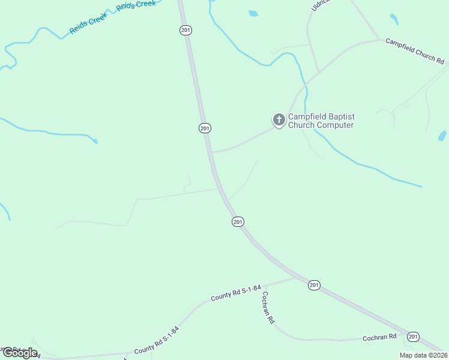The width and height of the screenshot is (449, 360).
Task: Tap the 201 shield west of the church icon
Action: tap(205, 128)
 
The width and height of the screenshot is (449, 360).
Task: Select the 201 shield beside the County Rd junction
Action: tap(314, 285)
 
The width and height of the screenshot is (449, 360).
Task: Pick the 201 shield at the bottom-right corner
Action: tap(412, 337)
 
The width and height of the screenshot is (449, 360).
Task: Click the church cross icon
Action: tap(279, 120)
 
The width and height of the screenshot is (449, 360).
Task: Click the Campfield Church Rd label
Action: tap(415, 52)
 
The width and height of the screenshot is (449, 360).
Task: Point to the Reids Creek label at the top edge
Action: tap(136, 5)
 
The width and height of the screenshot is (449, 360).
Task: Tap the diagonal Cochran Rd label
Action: tap(268, 308)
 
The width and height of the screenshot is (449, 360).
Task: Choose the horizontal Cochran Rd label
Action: tap(380, 337)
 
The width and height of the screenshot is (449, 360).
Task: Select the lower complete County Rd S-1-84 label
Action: tap(157, 340)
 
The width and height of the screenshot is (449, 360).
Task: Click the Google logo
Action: tap(20, 353)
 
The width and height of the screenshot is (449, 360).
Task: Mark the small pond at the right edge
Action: tap(442, 136)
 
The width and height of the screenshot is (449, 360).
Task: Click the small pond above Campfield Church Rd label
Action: tap(394, 19)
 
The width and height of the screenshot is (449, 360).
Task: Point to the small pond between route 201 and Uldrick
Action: tap(253, 13)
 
